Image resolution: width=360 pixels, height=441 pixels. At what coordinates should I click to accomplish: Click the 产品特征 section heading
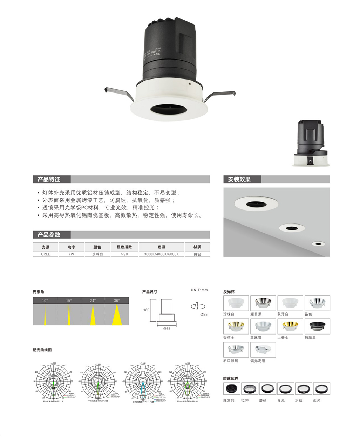click(x=49, y=179)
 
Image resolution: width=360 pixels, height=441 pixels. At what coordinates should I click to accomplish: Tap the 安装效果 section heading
click(x=239, y=179)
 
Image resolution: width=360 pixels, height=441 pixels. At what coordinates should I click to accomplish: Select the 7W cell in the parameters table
click(x=72, y=254)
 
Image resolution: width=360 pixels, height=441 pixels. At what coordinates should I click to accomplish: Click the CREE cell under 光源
click(x=46, y=254)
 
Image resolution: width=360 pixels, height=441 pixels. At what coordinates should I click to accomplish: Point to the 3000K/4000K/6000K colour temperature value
click(x=161, y=254)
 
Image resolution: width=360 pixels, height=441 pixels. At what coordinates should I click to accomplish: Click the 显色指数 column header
click(x=125, y=247)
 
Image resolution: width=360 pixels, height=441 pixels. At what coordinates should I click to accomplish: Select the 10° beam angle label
click(x=45, y=301)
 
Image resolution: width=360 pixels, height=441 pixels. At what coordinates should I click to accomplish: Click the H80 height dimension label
click(x=146, y=310)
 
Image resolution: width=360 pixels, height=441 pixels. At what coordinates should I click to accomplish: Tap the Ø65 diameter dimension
click(x=167, y=329)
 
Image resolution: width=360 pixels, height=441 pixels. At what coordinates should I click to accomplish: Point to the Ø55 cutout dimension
click(x=204, y=314)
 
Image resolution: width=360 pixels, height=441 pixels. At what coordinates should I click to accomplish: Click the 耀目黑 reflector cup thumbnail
click(x=263, y=303)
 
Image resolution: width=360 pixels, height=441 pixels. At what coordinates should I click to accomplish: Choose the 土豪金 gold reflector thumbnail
click(x=290, y=326)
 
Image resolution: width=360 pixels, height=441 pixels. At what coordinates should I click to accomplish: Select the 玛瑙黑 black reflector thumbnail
click(x=317, y=326)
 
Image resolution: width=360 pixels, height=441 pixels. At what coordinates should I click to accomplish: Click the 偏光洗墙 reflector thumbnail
click(x=263, y=350)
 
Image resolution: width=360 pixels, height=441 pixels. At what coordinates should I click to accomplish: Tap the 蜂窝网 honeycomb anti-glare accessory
click(x=231, y=388)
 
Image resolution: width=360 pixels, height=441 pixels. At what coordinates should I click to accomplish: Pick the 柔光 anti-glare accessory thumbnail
click(x=321, y=388)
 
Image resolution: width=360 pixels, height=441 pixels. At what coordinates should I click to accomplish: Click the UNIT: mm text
click(x=199, y=290)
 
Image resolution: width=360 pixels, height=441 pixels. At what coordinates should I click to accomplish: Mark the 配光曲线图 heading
click(x=42, y=350)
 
